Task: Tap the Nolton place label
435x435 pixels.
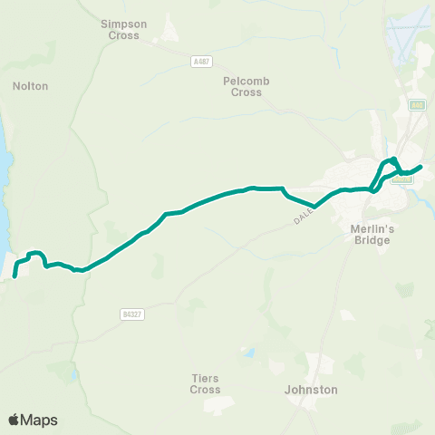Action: pos(31,86)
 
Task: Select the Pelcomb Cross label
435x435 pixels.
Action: pos(246,86)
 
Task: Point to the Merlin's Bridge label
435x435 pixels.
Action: pos(370,235)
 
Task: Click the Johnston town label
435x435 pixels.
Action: pos(311,390)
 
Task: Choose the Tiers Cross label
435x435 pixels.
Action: pos(206,383)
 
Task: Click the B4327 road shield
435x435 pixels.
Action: pos(130,314)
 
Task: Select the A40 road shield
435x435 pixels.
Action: pos(417,105)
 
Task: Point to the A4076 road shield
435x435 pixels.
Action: pos(404,179)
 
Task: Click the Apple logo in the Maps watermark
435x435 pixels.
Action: pos(14,420)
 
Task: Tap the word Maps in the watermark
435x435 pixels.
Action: pos(39,420)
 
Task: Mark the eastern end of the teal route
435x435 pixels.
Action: pos(421,167)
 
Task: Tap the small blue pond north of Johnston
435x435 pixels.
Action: pos(251,352)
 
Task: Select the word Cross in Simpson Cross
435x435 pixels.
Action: pos(124,36)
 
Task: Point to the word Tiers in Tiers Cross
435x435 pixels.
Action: pos(206,377)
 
